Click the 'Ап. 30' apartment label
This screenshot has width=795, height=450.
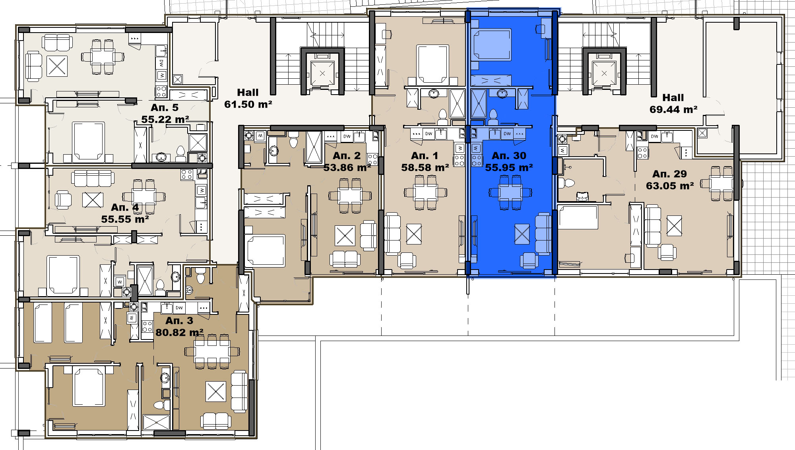point(509,155)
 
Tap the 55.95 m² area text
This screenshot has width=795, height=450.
point(509,167)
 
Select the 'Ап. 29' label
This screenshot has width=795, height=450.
point(669,174)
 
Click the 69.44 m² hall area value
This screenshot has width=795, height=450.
point(673,109)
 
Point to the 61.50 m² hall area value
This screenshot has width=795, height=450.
point(248,104)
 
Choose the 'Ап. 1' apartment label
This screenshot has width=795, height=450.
point(425,155)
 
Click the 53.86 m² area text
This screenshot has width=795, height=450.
point(347,167)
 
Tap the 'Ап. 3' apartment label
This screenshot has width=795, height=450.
point(179,320)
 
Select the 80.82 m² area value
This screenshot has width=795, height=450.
point(179,332)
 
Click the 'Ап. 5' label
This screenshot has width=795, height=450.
point(165,107)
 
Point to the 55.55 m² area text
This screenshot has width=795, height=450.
point(125,219)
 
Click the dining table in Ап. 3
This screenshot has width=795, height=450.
point(212,351)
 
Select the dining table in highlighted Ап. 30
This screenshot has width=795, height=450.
point(510,192)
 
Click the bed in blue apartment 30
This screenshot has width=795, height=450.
point(491,45)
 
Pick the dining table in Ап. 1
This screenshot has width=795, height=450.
point(425,192)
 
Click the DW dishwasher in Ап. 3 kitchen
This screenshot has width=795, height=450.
point(179,308)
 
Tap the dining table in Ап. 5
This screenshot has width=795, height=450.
point(103,56)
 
